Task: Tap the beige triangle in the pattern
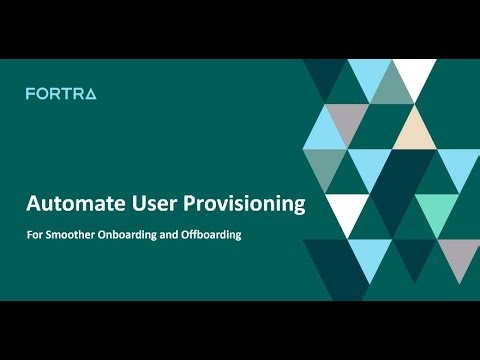pos(412,131)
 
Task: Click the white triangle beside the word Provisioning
pos(347,207)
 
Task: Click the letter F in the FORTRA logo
pos(30,94)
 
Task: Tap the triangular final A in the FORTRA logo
pos(90,94)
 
